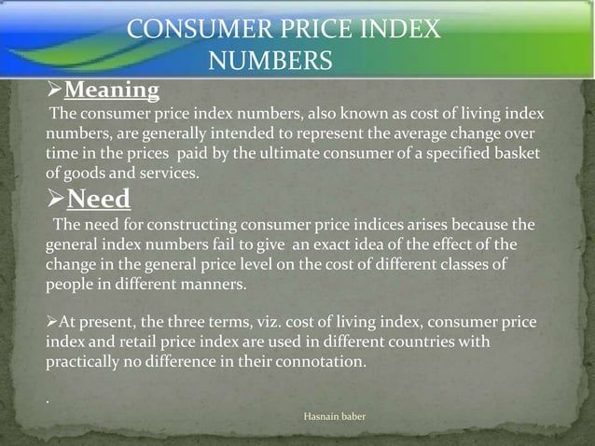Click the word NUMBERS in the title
[270, 62]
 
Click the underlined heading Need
[99, 199]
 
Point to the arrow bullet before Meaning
[54, 91]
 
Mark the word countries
[438, 341]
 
